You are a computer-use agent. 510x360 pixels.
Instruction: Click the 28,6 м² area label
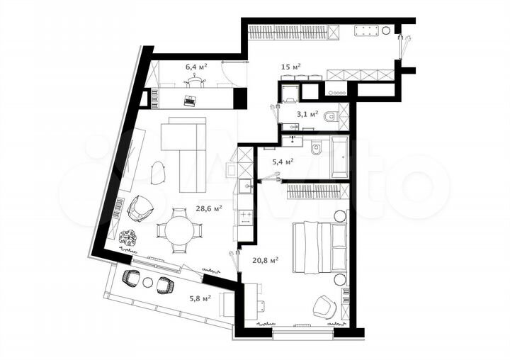(210, 208)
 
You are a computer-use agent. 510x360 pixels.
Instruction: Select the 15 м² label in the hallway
(290, 67)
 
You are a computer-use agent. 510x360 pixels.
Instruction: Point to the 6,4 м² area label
(195, 67)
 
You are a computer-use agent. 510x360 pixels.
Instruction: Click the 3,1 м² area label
(306, 113)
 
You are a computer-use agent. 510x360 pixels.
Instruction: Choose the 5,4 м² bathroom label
(283, 162)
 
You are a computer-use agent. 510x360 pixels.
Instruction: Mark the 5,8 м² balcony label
(200, 298)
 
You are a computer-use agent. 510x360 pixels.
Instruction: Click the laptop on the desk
(190, 101)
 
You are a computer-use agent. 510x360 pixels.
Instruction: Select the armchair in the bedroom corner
(324, 305)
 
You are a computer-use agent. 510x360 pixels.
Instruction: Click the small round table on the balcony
(147, 282)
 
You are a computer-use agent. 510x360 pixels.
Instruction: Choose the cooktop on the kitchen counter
(246, 215)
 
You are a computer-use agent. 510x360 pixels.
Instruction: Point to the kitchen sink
(244, 188)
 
